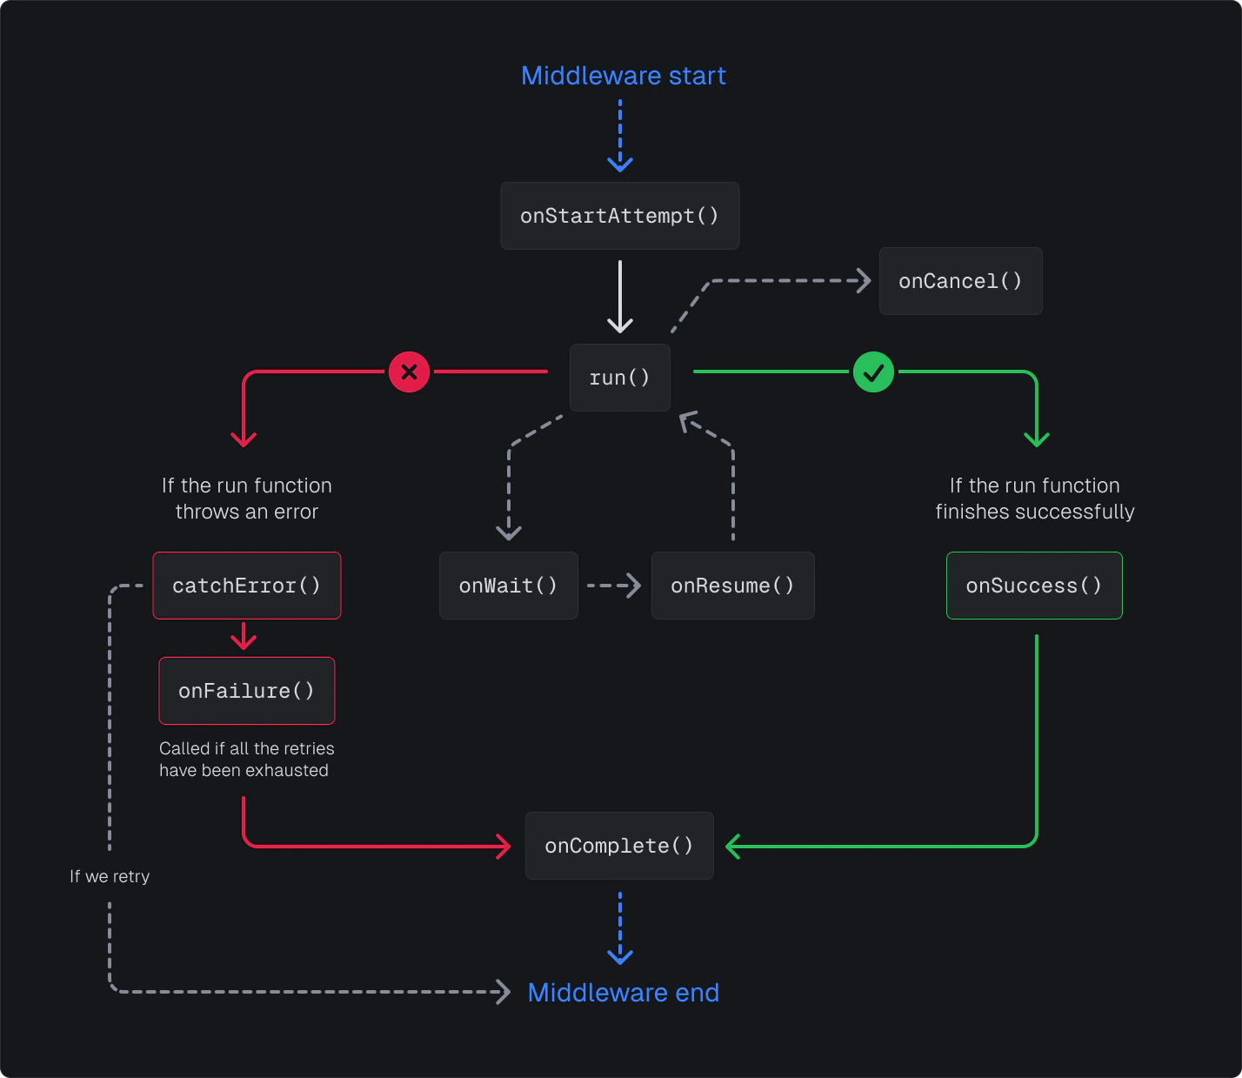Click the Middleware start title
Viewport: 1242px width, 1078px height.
pos(623,76)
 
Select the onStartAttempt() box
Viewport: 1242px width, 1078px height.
pos(619,216)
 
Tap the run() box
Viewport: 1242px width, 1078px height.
pos(619,378)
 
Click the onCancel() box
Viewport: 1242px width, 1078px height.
pos(960,281)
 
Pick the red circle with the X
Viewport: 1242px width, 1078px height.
pos(409,372)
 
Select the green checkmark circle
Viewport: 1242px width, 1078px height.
pos(873,372)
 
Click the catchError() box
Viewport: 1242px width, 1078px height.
pos(247,586)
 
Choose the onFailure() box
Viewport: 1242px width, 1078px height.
pos(247,691)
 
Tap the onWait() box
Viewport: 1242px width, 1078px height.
pos(508,586)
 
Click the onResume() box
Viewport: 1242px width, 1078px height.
pos(732,586)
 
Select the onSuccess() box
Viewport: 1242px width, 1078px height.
pos(1034,586)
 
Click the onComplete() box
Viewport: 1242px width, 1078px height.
pos(619,846)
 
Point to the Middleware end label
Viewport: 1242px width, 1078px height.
pos(623,993)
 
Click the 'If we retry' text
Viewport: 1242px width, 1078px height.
pos(110,876)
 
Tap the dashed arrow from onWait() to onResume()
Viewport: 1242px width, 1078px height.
pos(614,586)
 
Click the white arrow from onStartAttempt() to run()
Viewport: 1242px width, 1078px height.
pos(619,296)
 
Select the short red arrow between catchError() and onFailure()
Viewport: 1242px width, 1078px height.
pos(244,637)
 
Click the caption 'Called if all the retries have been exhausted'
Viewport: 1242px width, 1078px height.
pos(246,760)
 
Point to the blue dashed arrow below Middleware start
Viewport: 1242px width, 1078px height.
pos(619,135)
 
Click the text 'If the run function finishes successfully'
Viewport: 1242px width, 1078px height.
pos(1034,499)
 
